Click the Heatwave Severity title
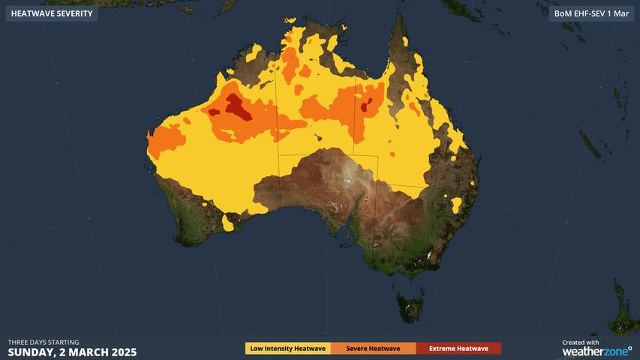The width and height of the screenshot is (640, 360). click(52, 13)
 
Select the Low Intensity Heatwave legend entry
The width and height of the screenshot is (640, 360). click(288, 348)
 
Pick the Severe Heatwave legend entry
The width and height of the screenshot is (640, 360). click(373, 348)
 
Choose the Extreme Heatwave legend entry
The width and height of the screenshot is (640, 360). click(458, 348)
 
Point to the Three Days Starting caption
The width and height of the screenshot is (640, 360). click(44, 342)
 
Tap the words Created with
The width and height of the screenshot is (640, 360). click(581, 342)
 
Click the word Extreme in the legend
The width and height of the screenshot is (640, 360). click(442, 348)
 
